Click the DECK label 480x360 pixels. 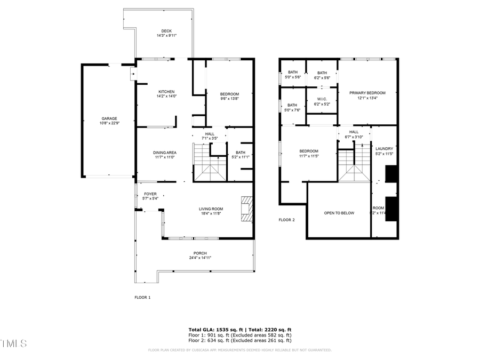(x=166, y=30)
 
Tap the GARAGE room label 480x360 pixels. (x=109, y=118)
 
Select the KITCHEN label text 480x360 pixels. (x=166, y=92)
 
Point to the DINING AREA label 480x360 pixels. (x=165, y=153)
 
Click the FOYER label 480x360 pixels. (x=150, y=194)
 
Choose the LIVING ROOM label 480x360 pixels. (x=211, y=209)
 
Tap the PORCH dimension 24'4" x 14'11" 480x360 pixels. (x=200, y=258)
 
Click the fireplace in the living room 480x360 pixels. (x=246, y=209)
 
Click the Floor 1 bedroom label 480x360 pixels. (x=230, y=94)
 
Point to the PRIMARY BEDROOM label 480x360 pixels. (x=367, y=93)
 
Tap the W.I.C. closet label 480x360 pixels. (x=322, y=99)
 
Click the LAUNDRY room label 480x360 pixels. (x=384, y=149)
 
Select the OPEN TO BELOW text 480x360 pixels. (x=339, y=213)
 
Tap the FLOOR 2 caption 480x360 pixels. (x=286, y=220)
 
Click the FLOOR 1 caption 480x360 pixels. (x=142, y=298)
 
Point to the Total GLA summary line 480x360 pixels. (x=239, y=330)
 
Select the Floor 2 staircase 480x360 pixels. (x=354, y=165)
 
